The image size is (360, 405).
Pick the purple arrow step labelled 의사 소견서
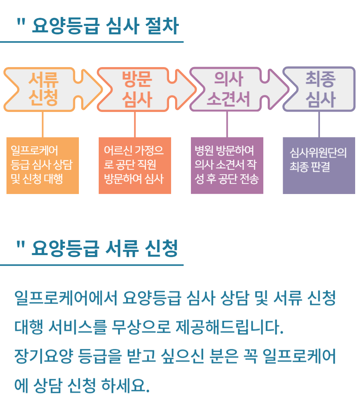[x=229, y=89]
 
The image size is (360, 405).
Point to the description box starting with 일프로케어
[x=42, y=166]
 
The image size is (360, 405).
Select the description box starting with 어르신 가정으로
[x=135, y=166]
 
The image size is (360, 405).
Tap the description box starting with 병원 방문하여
[x=227, y=166]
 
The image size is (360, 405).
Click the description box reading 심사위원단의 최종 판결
[x=319, y=166]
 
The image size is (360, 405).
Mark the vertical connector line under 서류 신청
[x=42, y=124]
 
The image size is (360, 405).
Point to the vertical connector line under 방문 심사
[x=135, y=124]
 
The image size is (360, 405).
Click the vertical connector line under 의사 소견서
[x=227, y=124]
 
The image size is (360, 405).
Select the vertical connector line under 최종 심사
[x=319, y=124]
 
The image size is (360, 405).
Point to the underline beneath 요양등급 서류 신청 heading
[x=91, y=265]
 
